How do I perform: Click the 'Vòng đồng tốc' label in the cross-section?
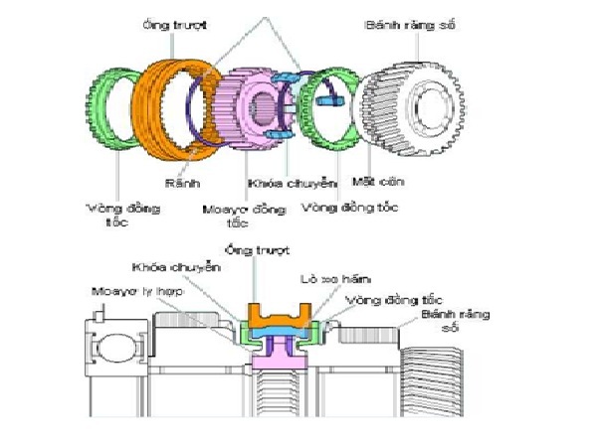[x=391, y=298]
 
